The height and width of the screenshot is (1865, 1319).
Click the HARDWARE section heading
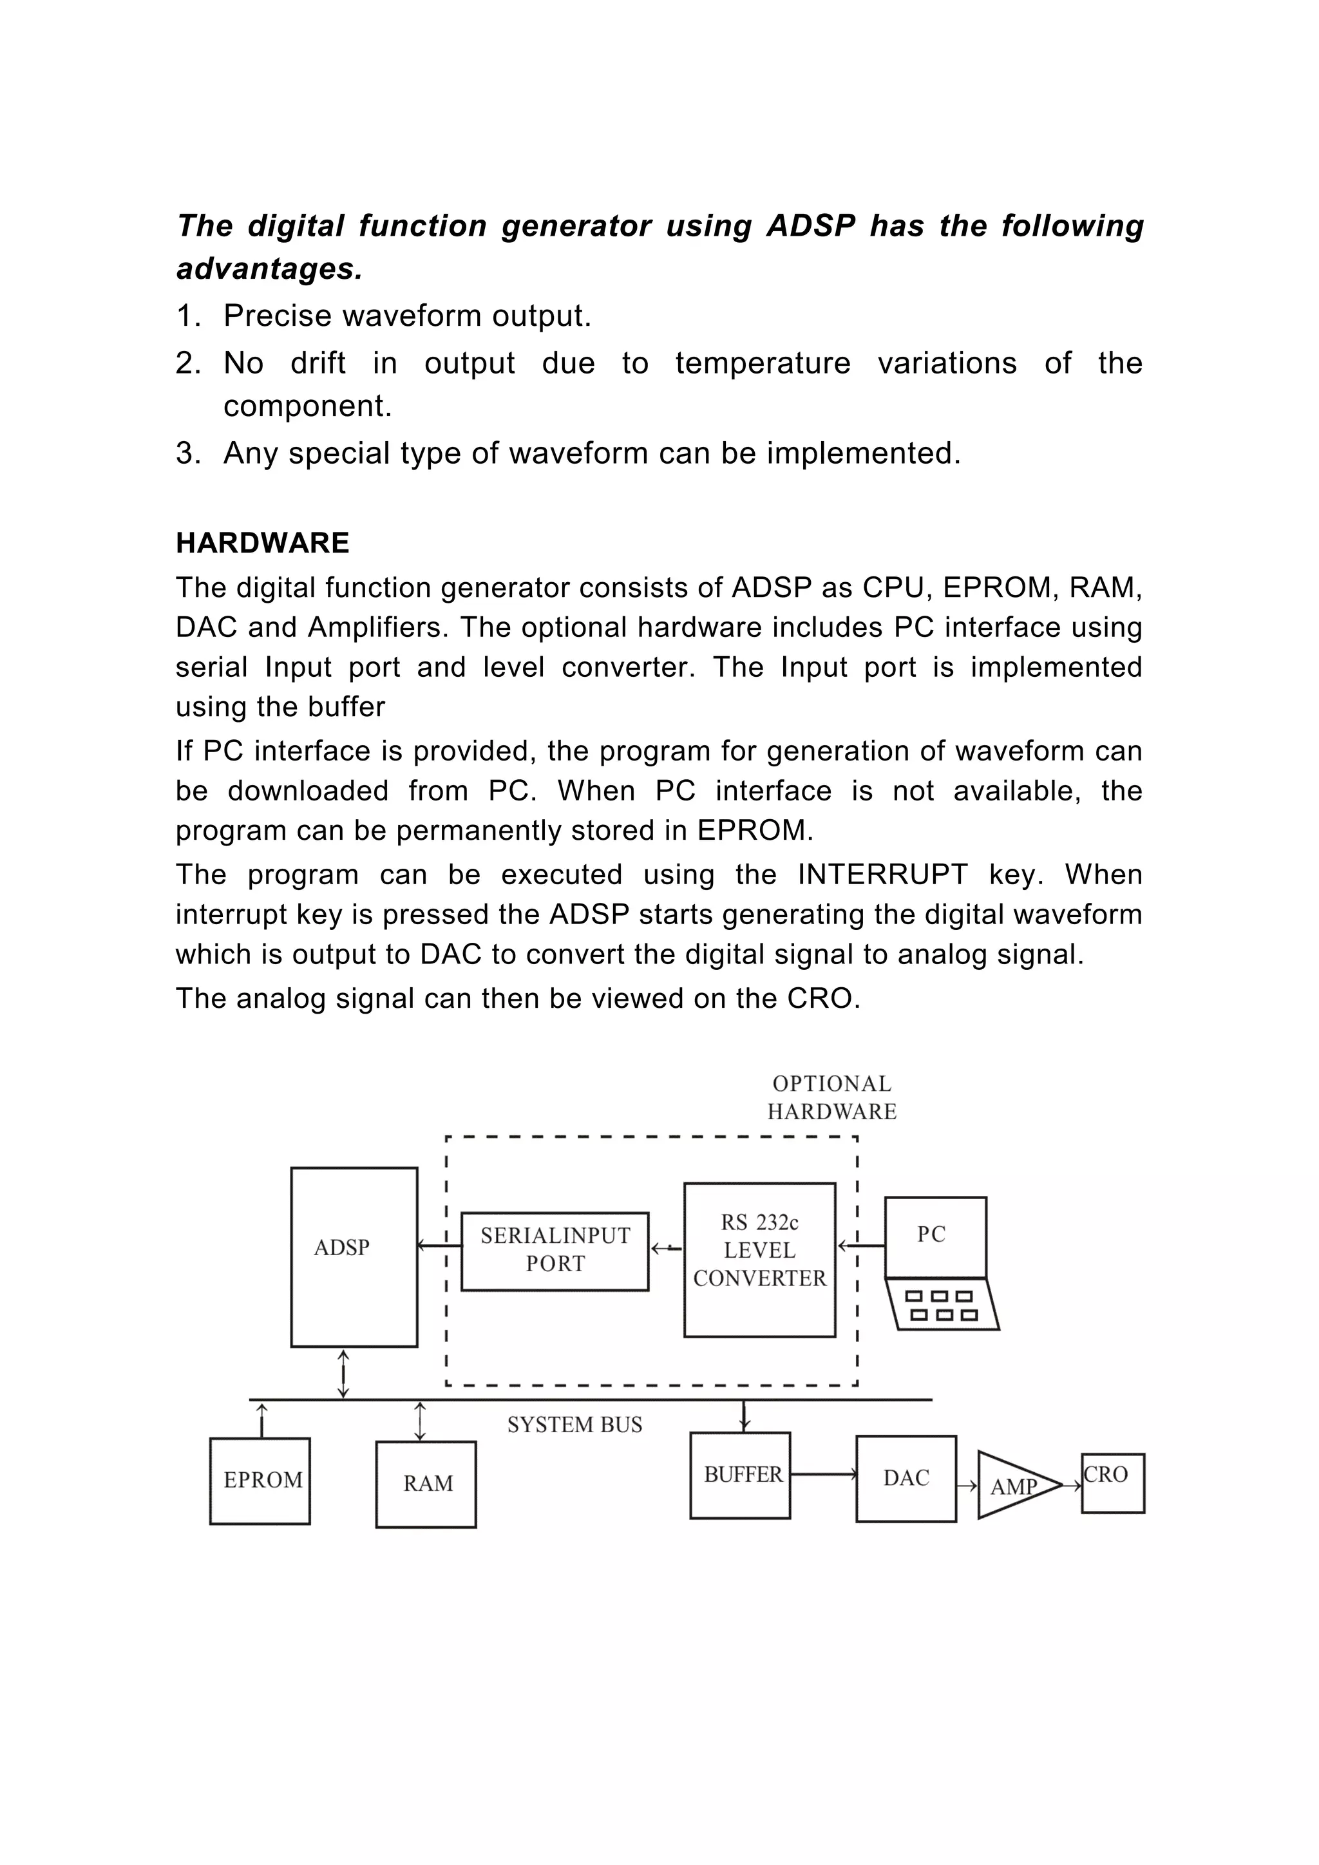tap(262, 543)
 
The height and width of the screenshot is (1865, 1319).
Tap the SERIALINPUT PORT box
tap(555, 1251)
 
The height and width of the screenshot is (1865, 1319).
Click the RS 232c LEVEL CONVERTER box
tap(759, 1259)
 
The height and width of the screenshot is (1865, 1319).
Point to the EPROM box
tap(260, 1480)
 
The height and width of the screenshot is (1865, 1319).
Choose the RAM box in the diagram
tap(426, 1483)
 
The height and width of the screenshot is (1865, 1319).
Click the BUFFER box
tap(740, 1474)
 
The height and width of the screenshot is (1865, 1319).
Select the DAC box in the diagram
tap(906, 1477)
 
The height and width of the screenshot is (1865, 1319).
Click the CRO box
tap(1113, 1482)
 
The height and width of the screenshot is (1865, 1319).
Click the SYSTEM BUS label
tap(575, 1425)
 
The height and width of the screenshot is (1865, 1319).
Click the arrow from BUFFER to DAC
tap(822, 1473)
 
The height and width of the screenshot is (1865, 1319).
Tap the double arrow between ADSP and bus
tap(343, 1374)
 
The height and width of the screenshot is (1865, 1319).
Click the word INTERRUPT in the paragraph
tap(882, 875)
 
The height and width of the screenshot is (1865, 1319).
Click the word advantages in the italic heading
tap(269, 269)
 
